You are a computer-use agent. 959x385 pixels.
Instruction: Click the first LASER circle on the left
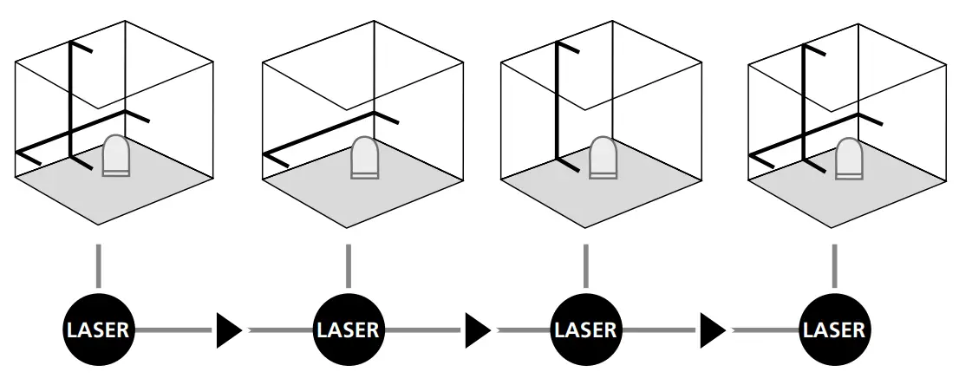99,330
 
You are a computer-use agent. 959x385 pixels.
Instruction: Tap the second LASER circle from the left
348,330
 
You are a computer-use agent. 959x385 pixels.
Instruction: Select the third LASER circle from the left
585,330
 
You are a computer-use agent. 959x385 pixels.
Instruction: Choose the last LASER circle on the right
833,330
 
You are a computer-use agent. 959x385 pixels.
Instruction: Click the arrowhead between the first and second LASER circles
228,330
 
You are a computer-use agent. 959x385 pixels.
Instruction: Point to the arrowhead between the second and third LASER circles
477,330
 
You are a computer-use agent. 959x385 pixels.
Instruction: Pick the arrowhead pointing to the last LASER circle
712,330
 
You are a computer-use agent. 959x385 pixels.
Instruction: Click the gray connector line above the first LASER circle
99,265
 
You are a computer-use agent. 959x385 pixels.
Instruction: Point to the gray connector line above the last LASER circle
833,265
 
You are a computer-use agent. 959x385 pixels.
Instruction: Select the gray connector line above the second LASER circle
348,265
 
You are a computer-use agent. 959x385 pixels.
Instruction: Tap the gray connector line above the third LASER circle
585,265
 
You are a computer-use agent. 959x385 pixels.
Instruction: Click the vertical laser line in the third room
557,104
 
